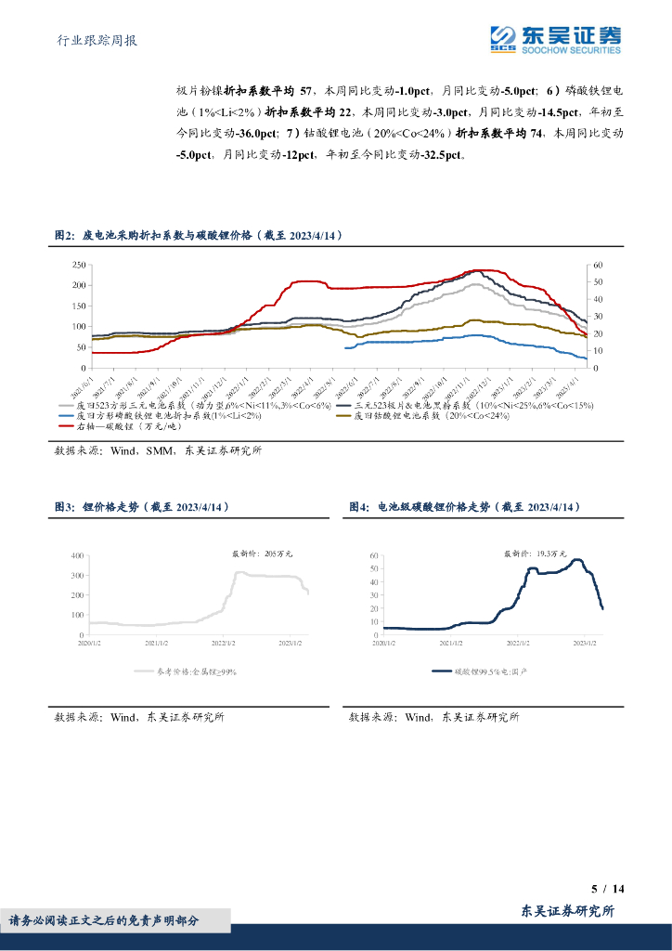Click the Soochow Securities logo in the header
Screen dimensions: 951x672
pyautogui.click(x=555, y=39)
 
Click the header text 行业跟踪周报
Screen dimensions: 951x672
pyautogui.click(x=97, y=41)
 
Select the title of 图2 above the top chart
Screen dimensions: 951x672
pyautogui.click(x=199, y=237)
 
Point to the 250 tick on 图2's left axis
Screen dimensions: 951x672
pyautogui.click(x=79, y=265)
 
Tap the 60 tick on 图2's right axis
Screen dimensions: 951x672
pyautogui.click(x=598, y=265)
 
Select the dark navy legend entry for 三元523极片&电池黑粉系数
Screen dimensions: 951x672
pyautogui.click(x=473, y=405)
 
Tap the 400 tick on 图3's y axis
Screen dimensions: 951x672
pyautogui.click(x=77, y=555)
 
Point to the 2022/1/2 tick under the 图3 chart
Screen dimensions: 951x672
pyautogui.click(x=224, y=642)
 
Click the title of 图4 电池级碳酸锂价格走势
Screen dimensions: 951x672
pyautogui.click(x=464, y=506)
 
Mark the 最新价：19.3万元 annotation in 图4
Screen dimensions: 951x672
pyautogui.click(x=536, y=554)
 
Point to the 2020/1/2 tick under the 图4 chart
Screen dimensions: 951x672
pyautogui.click(x=384, y=642)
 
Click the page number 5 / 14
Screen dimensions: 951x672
pyautogui.click(x=608, y=889)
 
